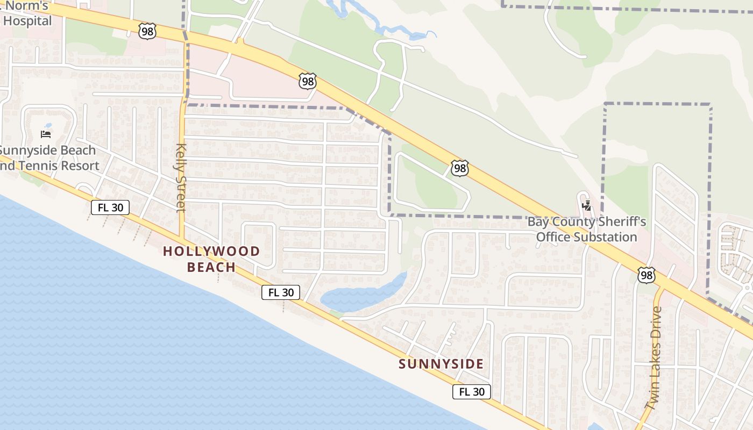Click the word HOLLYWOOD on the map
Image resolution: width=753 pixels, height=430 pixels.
(x=211, y=251)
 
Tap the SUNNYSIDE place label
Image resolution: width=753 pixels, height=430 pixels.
(x=441, y=364)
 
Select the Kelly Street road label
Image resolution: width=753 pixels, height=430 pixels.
(x=180, y=177)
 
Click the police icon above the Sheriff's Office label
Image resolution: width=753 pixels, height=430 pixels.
(x=587, y=205)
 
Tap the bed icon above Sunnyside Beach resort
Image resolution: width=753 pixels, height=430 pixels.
(x=46, y=134)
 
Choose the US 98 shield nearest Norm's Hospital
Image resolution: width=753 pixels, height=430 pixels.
(x=147, y=31)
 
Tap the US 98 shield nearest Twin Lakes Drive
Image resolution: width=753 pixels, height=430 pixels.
(x=646, y=275)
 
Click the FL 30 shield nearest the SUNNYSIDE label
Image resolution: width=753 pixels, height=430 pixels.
(x=472, y=392)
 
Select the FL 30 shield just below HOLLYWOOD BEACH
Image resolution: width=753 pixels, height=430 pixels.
(x=281, y=292)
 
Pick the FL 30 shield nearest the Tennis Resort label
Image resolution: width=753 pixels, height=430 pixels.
(x=110, y=207)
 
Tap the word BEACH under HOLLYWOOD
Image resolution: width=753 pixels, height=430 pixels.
(x=211, y=267)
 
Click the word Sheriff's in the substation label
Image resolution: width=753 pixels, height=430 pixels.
(x=618, y=222)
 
